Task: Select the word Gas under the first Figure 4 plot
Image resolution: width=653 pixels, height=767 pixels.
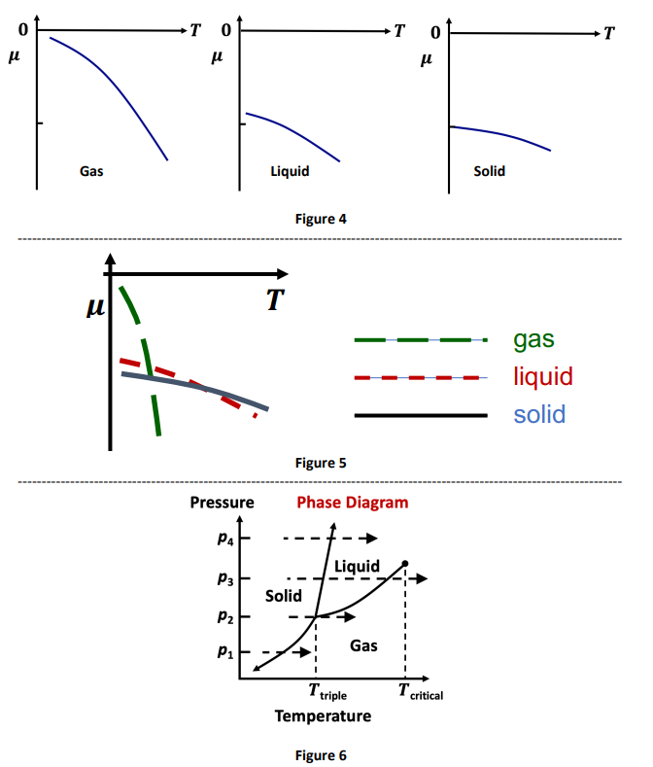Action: click(x=91, y=172)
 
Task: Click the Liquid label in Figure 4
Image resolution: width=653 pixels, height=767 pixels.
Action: click(x=290, y=172)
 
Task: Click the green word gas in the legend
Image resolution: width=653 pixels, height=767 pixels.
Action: click(x=533, y=339)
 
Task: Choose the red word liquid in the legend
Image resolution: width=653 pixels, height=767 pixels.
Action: click(x=542, y=376)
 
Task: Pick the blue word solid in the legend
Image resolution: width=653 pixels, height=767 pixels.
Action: click(x=539, y=415)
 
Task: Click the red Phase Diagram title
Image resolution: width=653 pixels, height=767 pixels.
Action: click(x=352, y=503)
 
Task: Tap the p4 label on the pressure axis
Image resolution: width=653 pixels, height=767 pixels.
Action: click(x=224, y=539)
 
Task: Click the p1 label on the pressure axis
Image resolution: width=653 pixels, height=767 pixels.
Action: click(x=224, y=652)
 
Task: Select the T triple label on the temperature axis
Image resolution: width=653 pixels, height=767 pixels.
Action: click(x=326, y=692)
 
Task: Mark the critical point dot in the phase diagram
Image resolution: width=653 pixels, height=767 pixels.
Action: click(x=404, y=563)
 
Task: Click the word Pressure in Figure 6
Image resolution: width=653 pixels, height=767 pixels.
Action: click(x=222, y=503)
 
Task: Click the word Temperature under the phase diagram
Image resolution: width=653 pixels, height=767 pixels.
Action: click(x=323, y=716)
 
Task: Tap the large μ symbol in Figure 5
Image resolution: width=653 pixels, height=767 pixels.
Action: click(x=95, y=308)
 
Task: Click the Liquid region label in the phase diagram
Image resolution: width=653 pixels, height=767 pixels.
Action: click(x=356, y=567)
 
